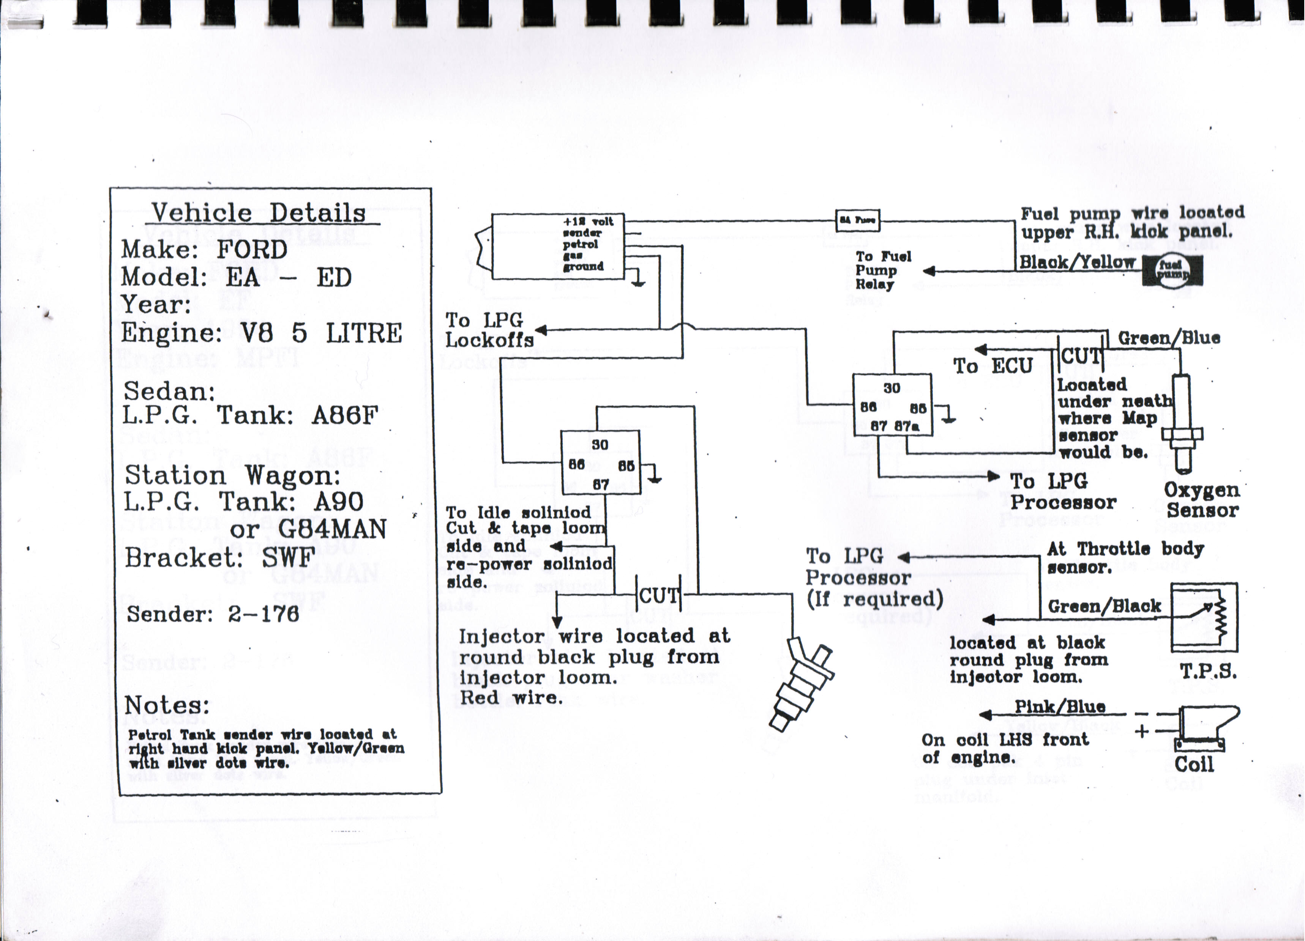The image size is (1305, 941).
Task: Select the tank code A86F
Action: click(344, 415)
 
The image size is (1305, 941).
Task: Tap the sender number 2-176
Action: click(263, 614)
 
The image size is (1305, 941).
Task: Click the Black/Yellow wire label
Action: click(1076, 262)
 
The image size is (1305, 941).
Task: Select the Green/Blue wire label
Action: click(1169, 338)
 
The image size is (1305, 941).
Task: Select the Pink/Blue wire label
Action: click(1059, 707)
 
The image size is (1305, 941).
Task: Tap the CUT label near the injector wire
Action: click(659, 596)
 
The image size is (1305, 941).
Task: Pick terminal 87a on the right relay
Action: click(906, 426)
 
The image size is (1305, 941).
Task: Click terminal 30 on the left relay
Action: click(600, 445)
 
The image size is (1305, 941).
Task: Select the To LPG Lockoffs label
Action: click(489, 330)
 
